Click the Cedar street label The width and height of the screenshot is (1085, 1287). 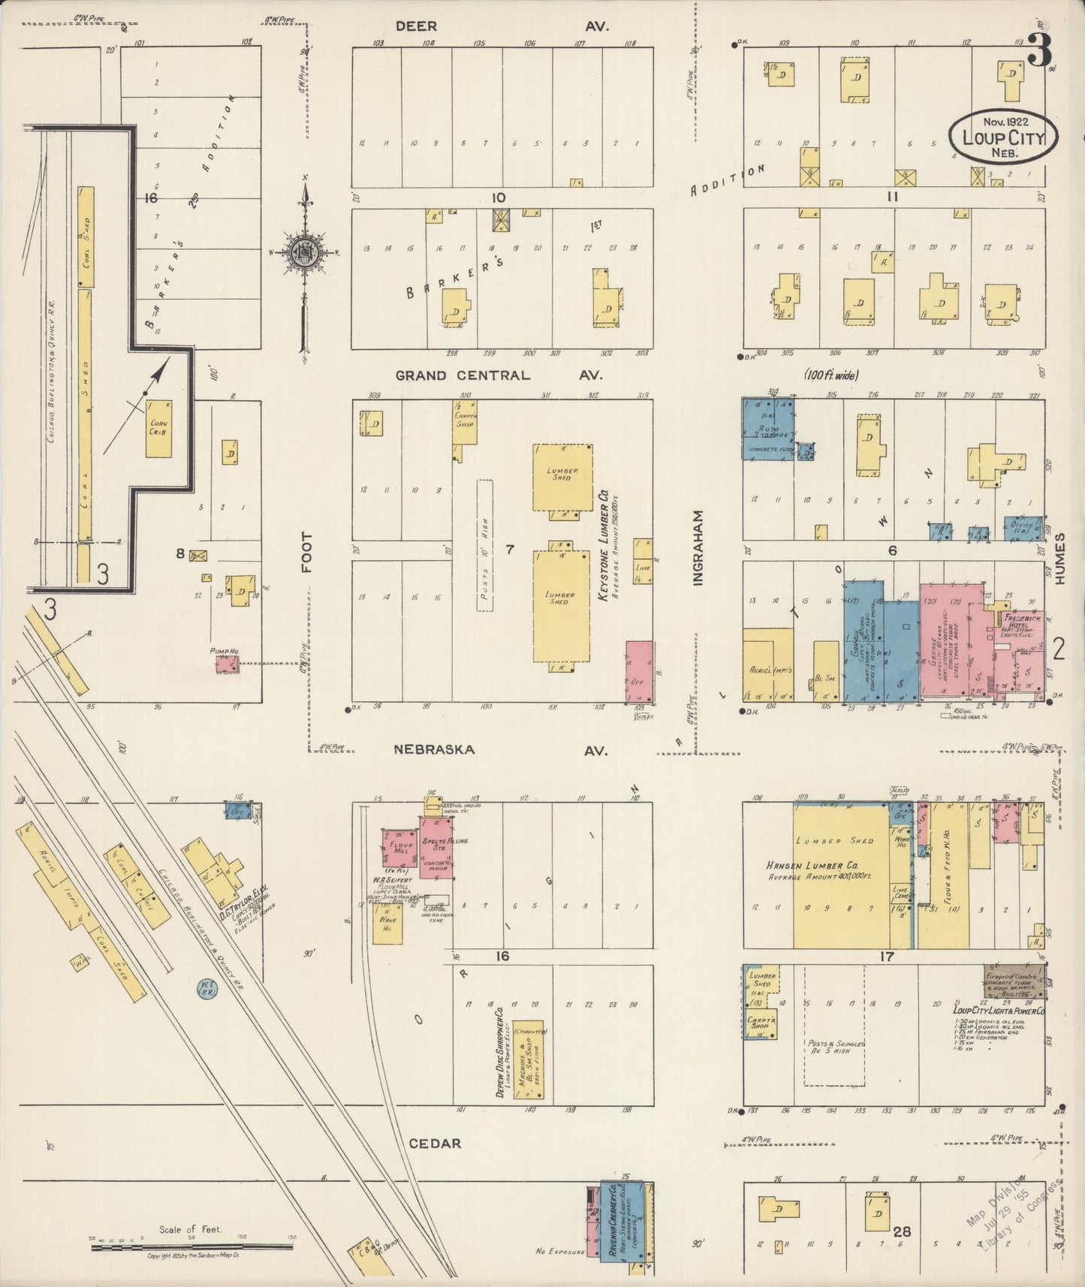[435, 1144]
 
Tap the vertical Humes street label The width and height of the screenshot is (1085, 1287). [1059, 559]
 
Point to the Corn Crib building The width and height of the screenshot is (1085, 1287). [159, 428]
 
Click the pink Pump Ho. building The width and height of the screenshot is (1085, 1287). [227, 665]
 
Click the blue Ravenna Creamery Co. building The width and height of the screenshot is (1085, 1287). [615, 1222]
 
